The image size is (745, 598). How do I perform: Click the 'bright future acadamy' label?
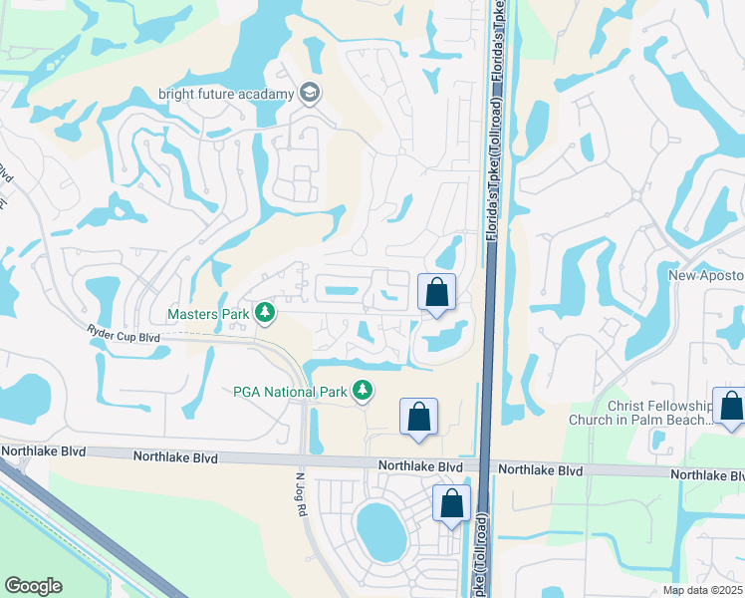coord(226,95)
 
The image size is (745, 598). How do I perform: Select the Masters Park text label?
coord(208,314)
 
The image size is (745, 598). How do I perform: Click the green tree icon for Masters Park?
coord(265,314)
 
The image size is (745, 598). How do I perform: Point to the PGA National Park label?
coord(291,392)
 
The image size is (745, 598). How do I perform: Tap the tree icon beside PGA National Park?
coord(365,392)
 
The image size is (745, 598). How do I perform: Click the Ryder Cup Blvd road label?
coord(124,337)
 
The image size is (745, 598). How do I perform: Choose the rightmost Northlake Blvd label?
coord(708,474)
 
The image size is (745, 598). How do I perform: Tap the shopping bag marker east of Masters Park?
coord(436,293)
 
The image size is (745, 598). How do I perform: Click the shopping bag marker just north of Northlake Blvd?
coord(418,417)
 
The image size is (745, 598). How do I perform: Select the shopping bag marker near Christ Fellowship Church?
coord(730,406)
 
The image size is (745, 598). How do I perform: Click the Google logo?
coord(33,586)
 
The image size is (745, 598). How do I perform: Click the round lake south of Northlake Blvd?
coord(380,531)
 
